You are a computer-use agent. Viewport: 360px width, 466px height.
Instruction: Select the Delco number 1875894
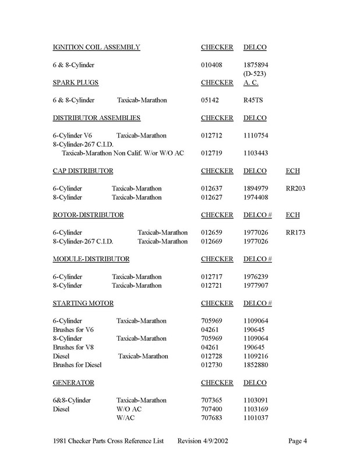[256, 64]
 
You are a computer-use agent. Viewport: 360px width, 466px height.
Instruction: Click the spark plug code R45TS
[253, 100]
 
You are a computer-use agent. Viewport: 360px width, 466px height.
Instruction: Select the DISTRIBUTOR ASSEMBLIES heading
[96, 118]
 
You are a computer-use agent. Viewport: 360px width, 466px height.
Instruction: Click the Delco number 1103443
[256, 153]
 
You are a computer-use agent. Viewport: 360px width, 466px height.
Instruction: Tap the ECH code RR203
[297, 189]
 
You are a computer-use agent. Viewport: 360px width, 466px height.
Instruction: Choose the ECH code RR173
[297, 232]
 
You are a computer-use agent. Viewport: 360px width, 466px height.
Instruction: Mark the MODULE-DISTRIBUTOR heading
[91, 259]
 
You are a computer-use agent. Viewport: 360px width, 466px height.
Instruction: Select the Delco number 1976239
[256, 277]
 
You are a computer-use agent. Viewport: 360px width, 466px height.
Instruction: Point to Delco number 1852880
[256, 365]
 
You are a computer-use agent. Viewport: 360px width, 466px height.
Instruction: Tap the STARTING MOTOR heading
[83, 303]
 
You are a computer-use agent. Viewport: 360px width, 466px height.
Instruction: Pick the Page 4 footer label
[297, 440]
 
